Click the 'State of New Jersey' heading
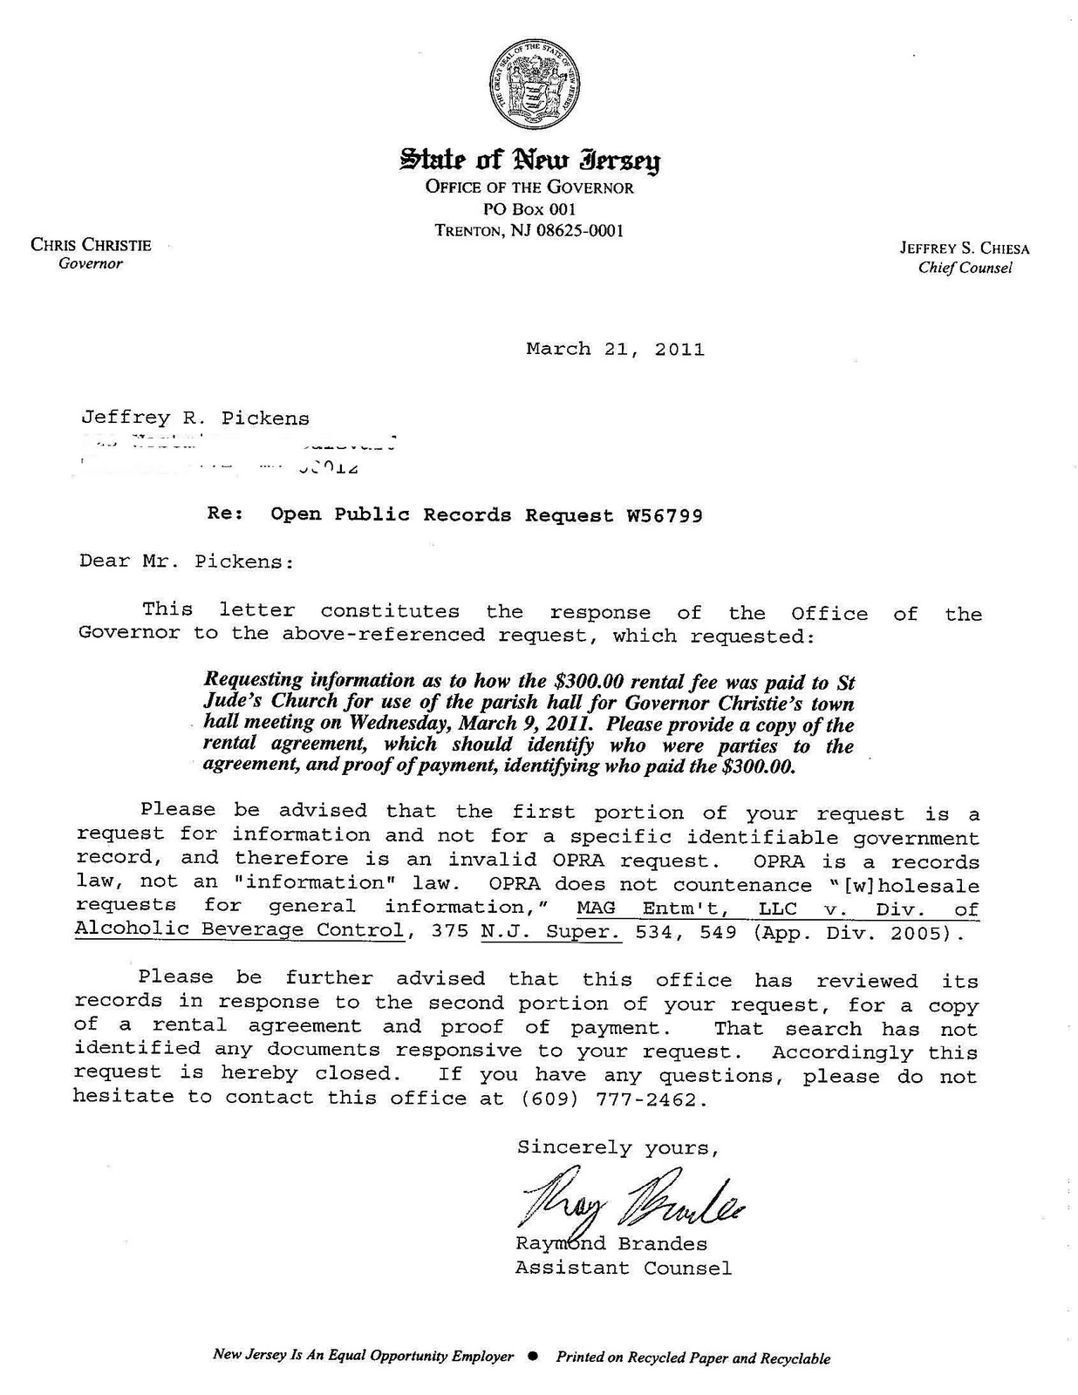(529, 160)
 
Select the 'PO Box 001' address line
(529, 209)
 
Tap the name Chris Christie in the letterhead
(91, 245)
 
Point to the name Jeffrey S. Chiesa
(965, 248)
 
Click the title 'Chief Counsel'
(965, 269)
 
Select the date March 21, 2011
(615, 350)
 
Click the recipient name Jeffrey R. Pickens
(194, 418)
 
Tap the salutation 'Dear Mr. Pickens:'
(187, 561)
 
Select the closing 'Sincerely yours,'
(617, 1148)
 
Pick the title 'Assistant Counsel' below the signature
(623, 1268)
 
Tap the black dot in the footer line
(534, 1357)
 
